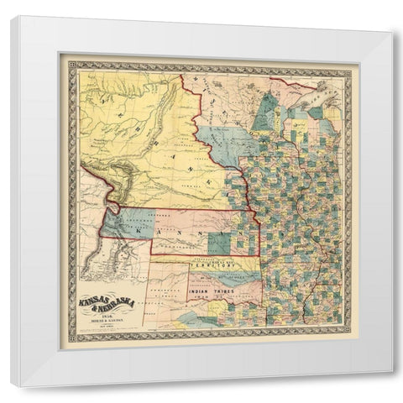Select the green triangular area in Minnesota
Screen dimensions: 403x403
coord(268,111)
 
